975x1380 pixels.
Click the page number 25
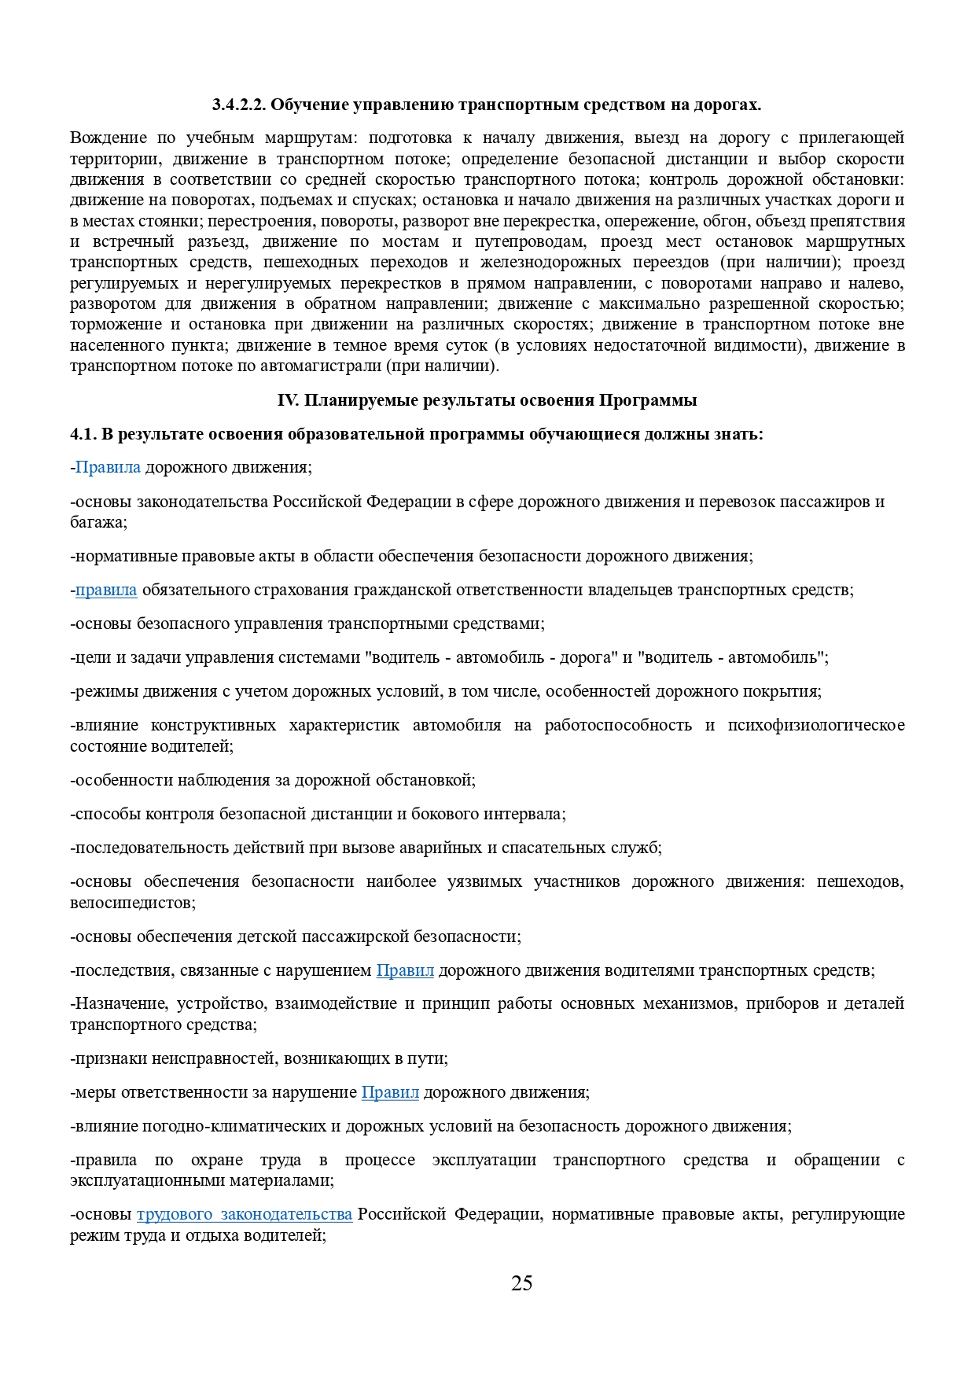tap(521, 1283)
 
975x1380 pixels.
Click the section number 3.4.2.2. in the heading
tap(241, 105)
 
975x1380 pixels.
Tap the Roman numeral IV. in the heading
tap(288, 400)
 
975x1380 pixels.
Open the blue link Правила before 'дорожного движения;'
tap(108, 468)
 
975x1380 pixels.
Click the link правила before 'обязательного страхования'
tap(106, 590)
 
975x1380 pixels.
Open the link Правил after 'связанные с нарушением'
tap(405, 970)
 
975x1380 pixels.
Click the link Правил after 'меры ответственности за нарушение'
tap(390, 1092)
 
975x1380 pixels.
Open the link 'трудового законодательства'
tap(245, 1214)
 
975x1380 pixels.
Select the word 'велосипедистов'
tap(131, 903)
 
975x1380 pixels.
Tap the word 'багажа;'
tap(98, 522)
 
